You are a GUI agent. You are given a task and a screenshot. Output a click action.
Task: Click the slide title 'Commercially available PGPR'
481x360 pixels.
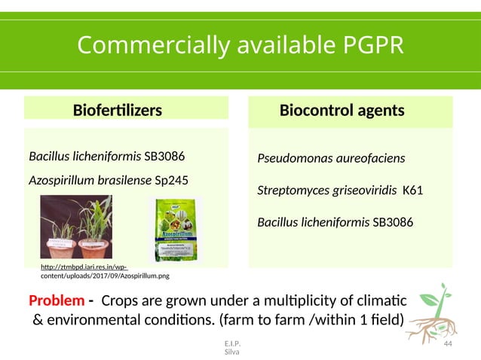[240, 46]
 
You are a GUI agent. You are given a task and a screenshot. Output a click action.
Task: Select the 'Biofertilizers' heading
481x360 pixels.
[117, 111]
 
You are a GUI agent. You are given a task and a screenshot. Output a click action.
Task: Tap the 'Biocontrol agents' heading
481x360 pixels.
[342, 111]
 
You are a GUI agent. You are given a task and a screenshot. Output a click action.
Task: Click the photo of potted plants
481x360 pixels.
[75, 227]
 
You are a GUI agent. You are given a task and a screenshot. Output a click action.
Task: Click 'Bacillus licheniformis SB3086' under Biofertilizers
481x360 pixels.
[106, 157]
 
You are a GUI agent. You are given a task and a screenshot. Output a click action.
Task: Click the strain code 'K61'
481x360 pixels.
[412, 191]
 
